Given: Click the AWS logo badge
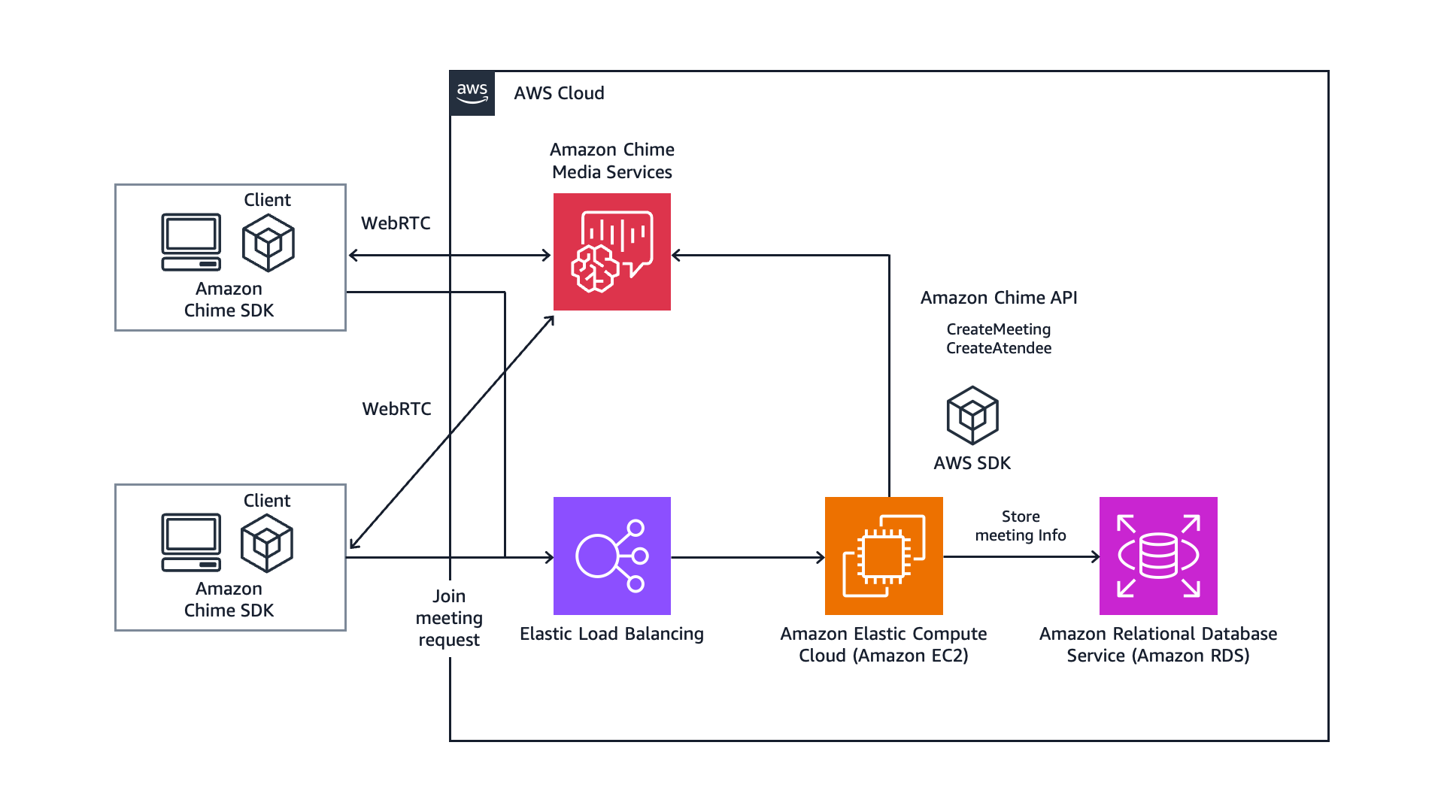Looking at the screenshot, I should pyautogui.click(x=472, y=93).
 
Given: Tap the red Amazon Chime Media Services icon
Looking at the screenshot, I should pyautogui.click(x=612, y=252).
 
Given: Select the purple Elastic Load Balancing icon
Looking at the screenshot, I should pyautogui.click(x=612, y=556).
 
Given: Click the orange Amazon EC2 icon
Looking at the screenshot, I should pyautogui.click(x=884, y=556).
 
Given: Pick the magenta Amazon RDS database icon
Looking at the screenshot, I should pyautogui.click(x=1158, y=556).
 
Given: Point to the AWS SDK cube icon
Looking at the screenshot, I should pyautogui.click(x=972, y=415).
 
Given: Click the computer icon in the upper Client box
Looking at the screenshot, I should pyautogui.click(x=191, y=241).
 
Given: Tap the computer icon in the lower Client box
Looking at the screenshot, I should pyautogui.click(x=191, y=542).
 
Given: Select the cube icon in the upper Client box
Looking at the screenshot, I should pyautogui.click(x=268, y=243).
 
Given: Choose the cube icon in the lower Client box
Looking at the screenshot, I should pyautogui.click(x=267, y=543).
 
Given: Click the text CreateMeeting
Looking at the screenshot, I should pyautogui.click(x=999, y=329).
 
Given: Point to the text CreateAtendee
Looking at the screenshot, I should pyautogui.click(x=999, y=348).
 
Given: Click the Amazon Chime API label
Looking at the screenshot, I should pyautogui.click(x=999, y=298).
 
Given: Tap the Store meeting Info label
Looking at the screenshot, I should pyautogui.click(x=1021, y=526).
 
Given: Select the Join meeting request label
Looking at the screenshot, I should pyautogui.click(x=449, y=618).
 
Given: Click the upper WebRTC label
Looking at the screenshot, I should pyautogui.click(x=396, y=223).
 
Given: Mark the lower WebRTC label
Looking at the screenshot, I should pyautogui.click(x=396, y=409).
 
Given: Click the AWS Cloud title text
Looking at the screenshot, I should pyautogui.click(x=559, y=93).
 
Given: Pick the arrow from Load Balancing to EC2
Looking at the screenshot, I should pyautogui.click(x=748, y=557).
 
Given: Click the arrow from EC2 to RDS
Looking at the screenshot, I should pyautogui.click(x=1021, y=557).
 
